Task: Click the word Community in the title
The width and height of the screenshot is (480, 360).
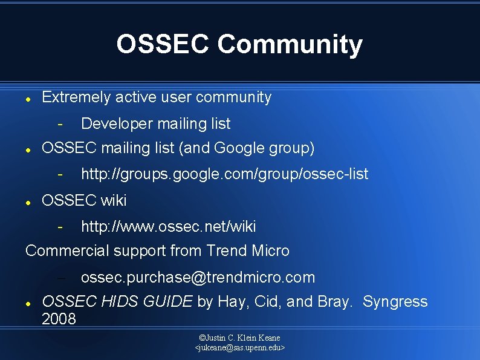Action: click(x=290, y=44)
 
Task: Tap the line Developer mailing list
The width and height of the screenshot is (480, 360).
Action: click(x=155, y=123)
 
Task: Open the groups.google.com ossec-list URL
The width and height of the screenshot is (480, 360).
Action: click(x=224, y=174)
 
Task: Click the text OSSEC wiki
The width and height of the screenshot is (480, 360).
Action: click(x=84, y=200)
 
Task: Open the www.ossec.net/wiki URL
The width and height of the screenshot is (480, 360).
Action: click(x=168, y=227)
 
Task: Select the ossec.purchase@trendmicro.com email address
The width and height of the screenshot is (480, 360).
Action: click(x=198, y=278)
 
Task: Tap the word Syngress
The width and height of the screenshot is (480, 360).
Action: click(x=395, y=301)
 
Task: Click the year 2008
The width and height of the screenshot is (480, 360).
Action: click(x=59, y=319)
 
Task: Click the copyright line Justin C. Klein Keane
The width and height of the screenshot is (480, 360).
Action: click(x=239, y=337)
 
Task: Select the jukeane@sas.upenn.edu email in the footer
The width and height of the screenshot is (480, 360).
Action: click(x=239, y=348)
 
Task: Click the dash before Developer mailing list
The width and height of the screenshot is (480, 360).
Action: click(x=60, y=124)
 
